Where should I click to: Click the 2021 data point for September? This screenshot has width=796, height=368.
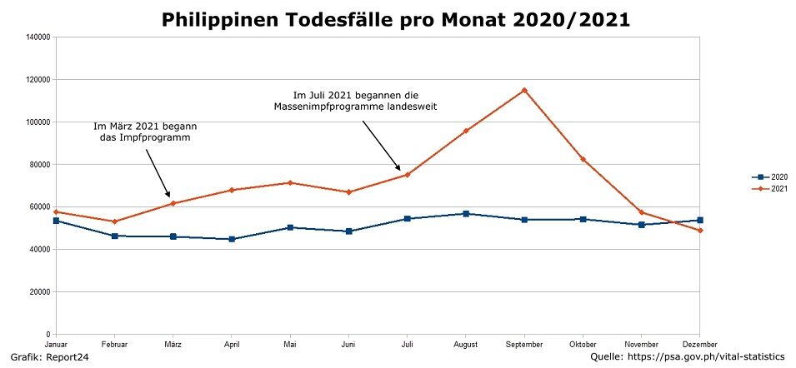pyautogui.click(x=524, y=90)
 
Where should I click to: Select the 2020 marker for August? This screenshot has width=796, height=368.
pyautogui.click(x=466, y=214)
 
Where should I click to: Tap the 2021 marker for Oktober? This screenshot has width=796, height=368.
pyautogui.click(x=583, y=159)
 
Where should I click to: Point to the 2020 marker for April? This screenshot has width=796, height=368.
pyautogui.click(x=232, y=239)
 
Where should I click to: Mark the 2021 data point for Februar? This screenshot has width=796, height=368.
pyautogui.click(x=114, y=221)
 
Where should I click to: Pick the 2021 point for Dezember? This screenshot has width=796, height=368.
pyautogui.click(x=700, y=231)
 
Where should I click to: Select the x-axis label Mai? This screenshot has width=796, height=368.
pyautogui.click(x=290, y=344)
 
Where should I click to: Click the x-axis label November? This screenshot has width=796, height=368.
pyautogui.click(x=641, y=344)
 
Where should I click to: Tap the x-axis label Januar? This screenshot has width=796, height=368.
pyautogui.click(x=56, y=344)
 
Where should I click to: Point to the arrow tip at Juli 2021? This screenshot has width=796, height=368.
pyautogui.click(x=401, y=171)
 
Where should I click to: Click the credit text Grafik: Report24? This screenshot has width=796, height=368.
pyautogui.click(x=49, y=357)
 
